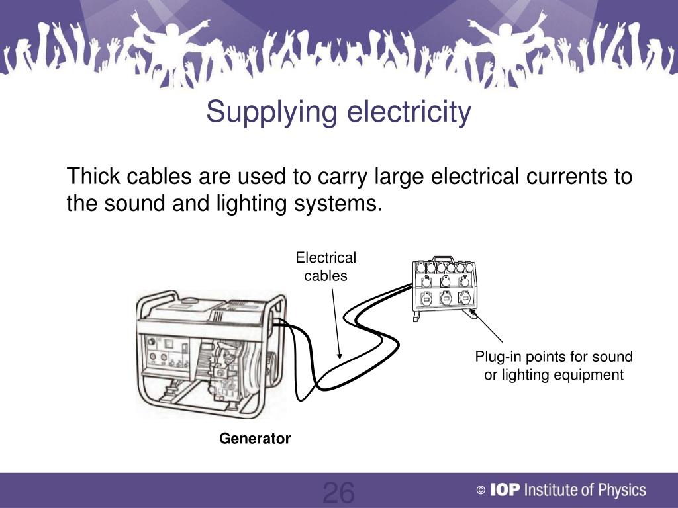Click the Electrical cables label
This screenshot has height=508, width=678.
(x=325, y=267)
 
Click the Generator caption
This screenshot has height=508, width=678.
(x=255, y=439)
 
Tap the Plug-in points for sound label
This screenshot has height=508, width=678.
(x=554, y=357)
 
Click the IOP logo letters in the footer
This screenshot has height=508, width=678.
(x=507, y=490)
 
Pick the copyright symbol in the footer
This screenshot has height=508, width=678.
(x=481, y=491)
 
